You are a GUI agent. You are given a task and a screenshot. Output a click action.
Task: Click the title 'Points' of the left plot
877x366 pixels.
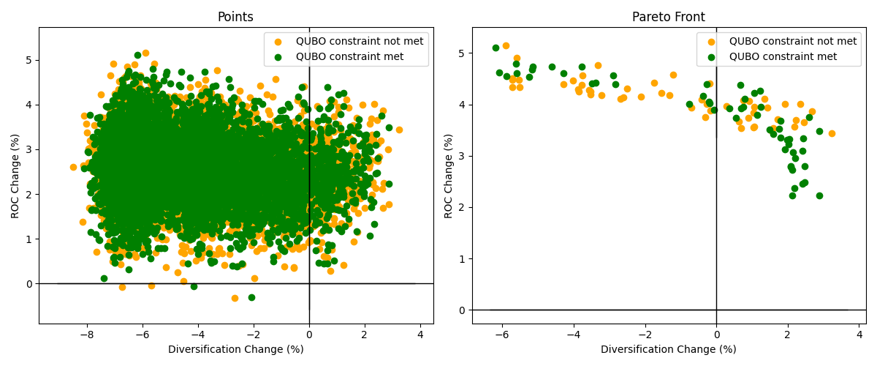235,18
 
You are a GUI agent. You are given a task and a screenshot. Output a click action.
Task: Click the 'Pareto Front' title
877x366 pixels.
669,18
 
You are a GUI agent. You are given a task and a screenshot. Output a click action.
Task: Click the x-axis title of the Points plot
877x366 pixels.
235,350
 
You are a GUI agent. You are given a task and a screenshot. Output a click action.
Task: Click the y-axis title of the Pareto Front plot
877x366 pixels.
449,175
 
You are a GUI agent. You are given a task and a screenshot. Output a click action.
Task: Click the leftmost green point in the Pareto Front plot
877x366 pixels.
496,48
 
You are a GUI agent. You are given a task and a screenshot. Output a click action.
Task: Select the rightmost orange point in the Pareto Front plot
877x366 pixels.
832,133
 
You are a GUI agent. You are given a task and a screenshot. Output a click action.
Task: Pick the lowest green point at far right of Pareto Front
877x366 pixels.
819,195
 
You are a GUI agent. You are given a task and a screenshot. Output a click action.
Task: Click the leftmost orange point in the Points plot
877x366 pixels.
73,167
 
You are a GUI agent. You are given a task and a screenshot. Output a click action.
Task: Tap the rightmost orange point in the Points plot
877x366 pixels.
399,130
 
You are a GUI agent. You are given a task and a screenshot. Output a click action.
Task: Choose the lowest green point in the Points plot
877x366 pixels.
251,297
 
